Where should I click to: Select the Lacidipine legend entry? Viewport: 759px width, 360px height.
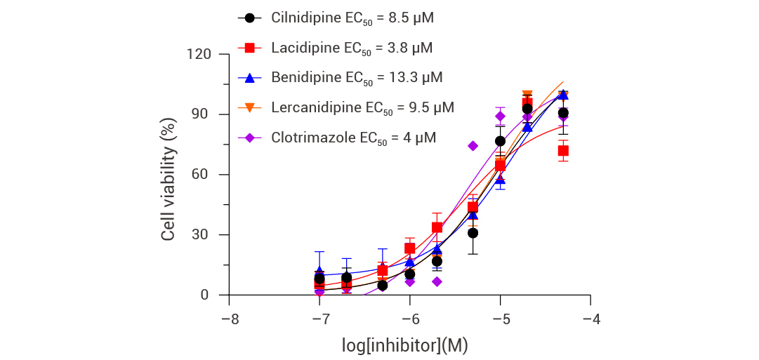[352, 48]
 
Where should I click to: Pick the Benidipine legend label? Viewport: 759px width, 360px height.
[357, 77]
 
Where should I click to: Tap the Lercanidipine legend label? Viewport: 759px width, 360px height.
[362, 107]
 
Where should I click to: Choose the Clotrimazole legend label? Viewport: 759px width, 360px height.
[353, 138]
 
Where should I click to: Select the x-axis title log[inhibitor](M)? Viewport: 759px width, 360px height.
[405, 345]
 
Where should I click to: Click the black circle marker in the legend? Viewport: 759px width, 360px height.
[249, 18]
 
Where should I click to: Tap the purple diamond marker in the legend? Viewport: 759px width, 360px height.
[249, 138]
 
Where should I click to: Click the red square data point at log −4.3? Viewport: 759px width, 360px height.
[563, 151]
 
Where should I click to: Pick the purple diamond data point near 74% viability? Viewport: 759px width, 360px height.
[473, 146]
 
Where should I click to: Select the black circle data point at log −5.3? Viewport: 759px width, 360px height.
[473, 233]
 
